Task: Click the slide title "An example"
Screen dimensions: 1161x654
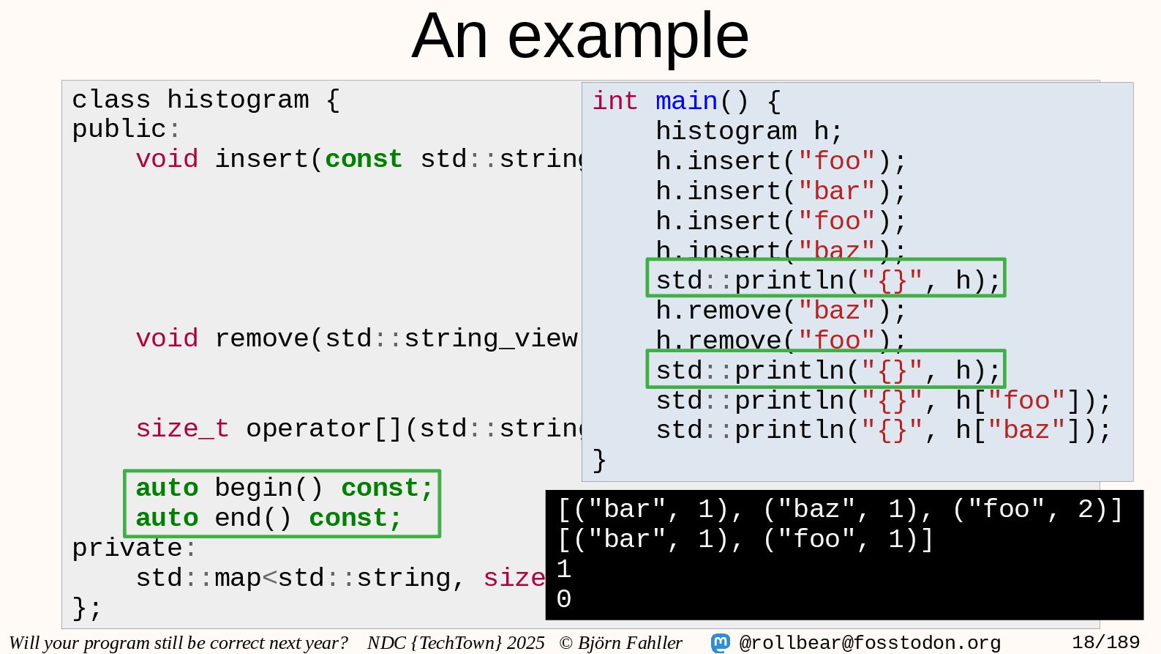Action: coord(580,37)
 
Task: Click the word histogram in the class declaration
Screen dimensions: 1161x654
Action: coord(238,100)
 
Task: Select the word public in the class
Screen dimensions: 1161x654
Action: coord(119,130)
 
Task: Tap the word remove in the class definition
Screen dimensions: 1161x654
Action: coord(261,338)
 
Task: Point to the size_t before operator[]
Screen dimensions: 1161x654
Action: coord(182,428)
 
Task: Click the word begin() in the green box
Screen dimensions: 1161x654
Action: coord(268,488)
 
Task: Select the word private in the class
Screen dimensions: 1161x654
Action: coord(127,548)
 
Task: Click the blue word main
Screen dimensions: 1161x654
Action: coord(686,101)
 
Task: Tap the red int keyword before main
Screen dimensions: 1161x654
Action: coord(615,101)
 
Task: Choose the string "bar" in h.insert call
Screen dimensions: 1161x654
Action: coord(836,191)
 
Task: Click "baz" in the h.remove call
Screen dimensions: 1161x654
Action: coord(836,311)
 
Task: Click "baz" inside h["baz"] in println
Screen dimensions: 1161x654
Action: coord(1026,430)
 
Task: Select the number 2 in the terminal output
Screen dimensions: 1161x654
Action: coord(1086,510)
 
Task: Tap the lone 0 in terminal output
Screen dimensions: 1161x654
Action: coord(564,599)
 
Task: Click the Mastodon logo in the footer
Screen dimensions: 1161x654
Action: coord(721,643)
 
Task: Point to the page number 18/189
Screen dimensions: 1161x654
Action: coord(1105,643)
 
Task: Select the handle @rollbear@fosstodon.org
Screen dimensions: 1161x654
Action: coord(870,643)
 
